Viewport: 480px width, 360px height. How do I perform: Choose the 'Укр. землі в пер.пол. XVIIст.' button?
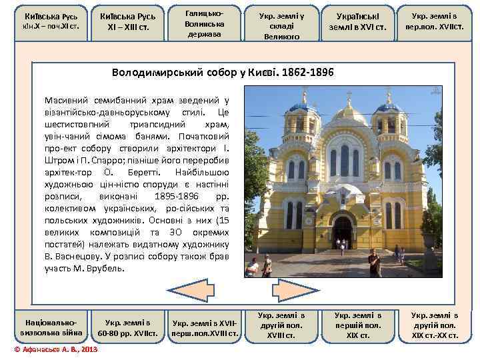tap(438, 23)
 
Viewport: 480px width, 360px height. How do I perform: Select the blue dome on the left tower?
tap(303, 106)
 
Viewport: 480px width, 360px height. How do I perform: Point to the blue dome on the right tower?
tap(389, 107)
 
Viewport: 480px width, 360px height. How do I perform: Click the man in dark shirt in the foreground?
tap(374, 263)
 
